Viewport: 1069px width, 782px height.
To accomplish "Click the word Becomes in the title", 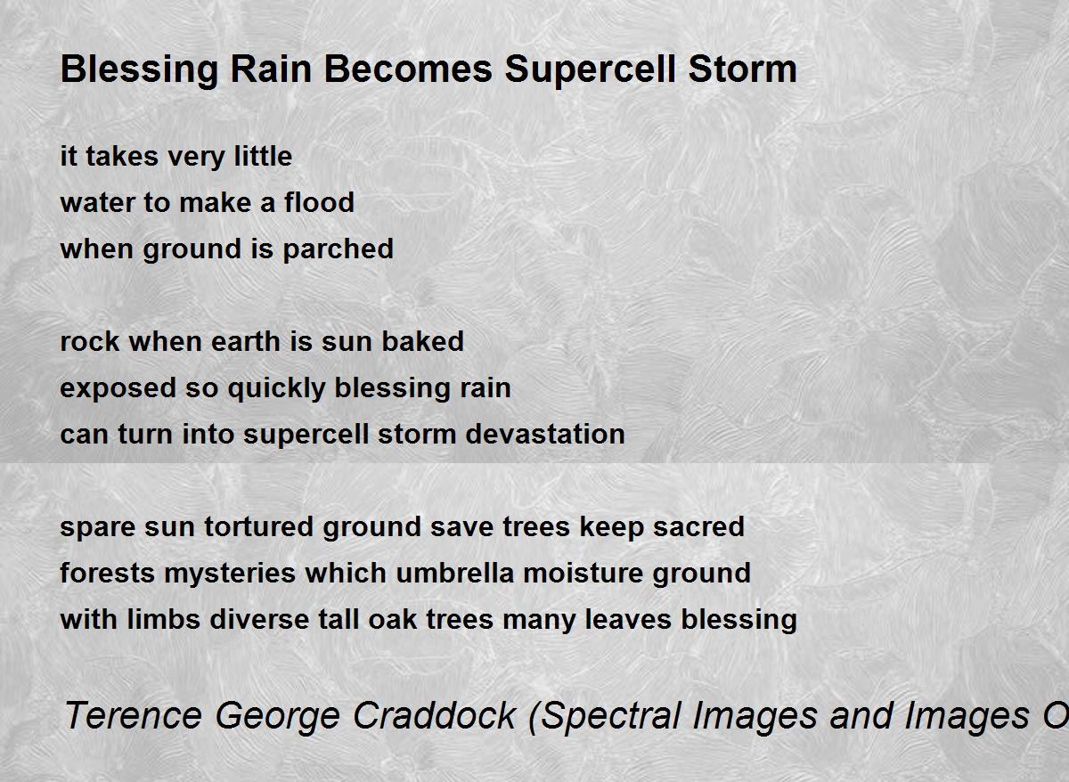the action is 408,69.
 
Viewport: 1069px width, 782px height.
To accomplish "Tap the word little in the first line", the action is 263,156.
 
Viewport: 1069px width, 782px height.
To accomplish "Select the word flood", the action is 319,202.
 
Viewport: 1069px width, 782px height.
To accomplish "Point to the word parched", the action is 338,249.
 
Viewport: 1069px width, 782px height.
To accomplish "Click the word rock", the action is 90,341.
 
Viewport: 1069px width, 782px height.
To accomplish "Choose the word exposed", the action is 118,388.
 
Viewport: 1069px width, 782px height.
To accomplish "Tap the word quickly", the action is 276,388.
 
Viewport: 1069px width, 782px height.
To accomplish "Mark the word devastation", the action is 544,434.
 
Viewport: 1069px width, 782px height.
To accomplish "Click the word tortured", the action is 258,526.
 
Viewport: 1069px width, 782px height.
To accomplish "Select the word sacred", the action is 698,526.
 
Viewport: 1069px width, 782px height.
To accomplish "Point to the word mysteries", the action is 230,574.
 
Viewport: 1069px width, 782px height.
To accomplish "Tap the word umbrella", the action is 455,573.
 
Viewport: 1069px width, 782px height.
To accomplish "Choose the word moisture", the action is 583,573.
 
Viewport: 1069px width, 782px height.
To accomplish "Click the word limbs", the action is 163,619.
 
